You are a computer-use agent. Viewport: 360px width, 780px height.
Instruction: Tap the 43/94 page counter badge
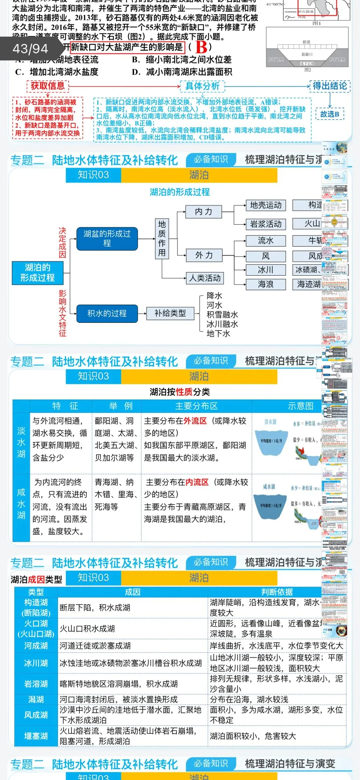pyautogui.click(x=30, y=49)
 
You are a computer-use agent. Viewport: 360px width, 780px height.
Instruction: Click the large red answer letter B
pyautogui.click(x=201, y=47)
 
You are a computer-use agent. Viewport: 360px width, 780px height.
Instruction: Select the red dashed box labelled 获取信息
pyautogui.click(x=48, y=86)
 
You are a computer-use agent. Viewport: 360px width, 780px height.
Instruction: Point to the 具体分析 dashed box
pyautogui.click(x=202, y=86)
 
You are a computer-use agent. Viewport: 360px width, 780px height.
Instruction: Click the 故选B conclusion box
pyautogui.click(x=330, y=114)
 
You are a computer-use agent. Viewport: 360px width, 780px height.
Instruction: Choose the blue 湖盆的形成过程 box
pyautogui.click(x=107, y=239)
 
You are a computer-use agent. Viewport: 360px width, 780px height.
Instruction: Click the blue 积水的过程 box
pyautogui.click(x=107, y=314)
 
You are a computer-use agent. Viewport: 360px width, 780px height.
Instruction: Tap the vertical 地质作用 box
pyautogui.click(x=162, y=239)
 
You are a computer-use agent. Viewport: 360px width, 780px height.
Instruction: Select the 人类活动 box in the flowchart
pyautogui.click(x=205, y=278)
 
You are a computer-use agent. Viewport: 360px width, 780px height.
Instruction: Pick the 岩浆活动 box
pyautogui.click(x=266, y=224)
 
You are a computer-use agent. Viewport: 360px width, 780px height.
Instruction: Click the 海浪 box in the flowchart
pyautogui.click(x=266, y=284)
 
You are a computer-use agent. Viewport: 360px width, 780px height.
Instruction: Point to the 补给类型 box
pyautogui.click(x=170, y=313)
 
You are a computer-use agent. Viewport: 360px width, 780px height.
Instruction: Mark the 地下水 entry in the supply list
pyautogui.click(x=218, y=334)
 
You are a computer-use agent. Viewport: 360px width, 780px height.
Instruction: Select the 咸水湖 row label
pyautogui.click(x=21, y=503)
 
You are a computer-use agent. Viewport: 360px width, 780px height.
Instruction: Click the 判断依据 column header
pyautogui.click(x=277, y=592)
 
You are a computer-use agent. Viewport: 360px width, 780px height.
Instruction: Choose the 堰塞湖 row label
pyautogui.click(x=36, y=736)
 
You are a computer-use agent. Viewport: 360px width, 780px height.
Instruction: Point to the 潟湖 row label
pyautogui.click(x=36, y=699)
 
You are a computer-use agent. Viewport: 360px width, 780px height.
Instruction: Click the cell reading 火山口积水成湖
pyautogui.click(x=87, y=629)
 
